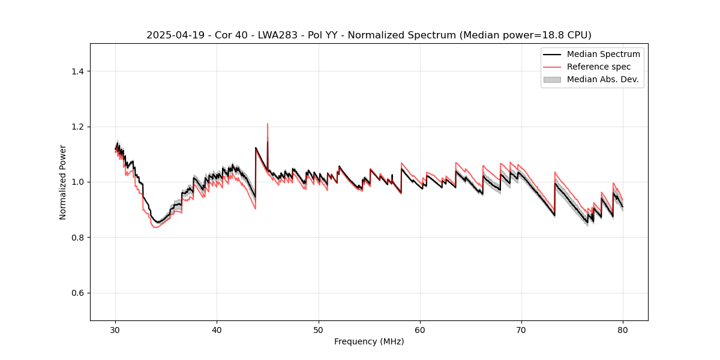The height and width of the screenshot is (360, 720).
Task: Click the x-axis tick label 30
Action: click(x=115, y=330)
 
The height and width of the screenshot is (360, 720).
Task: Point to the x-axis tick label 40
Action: click(x=217, y=330)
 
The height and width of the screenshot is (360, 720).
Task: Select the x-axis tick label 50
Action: click(x=318, y=330)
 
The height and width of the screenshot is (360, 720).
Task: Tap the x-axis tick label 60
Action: click(x=420, y=330)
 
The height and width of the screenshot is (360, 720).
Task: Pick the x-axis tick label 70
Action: click(x=521, y=330)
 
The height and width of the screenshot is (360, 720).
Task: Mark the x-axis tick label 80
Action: click(x=623, y=330)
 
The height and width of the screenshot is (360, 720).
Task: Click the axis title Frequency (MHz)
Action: click(x=369, y=341)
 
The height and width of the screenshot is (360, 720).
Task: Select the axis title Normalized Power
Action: click(x=63, y=182)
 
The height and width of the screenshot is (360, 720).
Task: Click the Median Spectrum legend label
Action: click(x=603, y=54)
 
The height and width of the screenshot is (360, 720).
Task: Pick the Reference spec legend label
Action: click(x=599, y=67)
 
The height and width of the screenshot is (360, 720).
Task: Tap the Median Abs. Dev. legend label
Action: click(x=602, y=79)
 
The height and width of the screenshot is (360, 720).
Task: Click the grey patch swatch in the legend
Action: click(x=552, y=79)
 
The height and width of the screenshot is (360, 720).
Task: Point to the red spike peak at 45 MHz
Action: click(x=267, y=124)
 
